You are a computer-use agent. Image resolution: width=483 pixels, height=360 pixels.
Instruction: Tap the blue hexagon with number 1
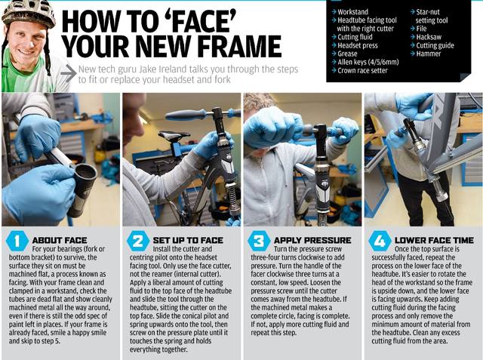pos(17,241)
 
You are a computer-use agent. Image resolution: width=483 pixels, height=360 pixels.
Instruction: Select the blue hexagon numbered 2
pos(137,241)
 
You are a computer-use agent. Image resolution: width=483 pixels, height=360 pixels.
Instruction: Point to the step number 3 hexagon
pos(259,241)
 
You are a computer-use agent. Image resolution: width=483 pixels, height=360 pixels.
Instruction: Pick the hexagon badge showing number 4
pos(380,241)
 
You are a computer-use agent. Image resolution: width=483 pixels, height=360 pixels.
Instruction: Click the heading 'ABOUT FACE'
pos(60,240)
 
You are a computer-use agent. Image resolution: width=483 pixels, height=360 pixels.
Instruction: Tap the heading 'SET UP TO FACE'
pos(188,240)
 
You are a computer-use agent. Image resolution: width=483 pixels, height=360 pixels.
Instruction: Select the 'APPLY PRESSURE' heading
pos(312,240)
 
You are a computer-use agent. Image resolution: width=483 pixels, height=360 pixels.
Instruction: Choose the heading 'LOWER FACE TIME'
pos(434,240)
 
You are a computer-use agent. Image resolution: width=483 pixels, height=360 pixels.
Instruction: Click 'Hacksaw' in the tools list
pos(429,37)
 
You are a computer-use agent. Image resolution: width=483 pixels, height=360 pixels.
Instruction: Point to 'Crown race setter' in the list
pos(362,70)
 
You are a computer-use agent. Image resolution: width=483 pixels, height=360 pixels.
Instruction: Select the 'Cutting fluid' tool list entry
pos(355,37)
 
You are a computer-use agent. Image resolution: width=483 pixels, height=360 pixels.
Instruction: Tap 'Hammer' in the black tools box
pos(429,54)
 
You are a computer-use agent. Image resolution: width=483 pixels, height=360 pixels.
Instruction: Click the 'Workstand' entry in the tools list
pos(352,12)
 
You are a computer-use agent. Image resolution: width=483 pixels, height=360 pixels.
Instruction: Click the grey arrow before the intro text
pos(69,73)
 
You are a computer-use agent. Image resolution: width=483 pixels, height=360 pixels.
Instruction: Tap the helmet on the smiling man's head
pos(29,13)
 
